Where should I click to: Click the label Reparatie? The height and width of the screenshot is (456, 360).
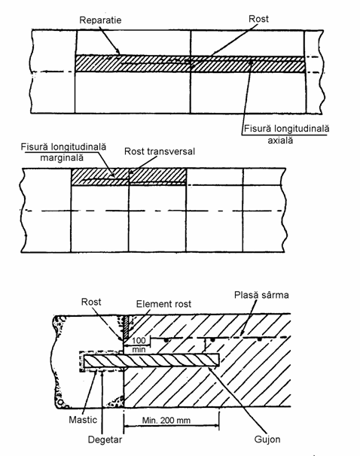pyautogui.click(x=100, y=20)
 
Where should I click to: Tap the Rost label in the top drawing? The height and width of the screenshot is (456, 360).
pyautogui.click(x=258, y=19)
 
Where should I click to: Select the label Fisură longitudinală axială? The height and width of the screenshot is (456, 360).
pyautogui.click(x=286, y=135)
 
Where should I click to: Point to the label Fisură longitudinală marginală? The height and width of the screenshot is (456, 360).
pyautogui.click(x=63, y=152)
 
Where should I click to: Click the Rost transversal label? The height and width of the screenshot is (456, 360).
pyautogui.click(x=160, y=151)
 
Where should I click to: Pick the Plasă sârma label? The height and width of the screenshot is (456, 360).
pyautogui.click(x=261, y=295)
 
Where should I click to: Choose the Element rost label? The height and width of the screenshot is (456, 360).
pyautogui.click(x=163, y=304)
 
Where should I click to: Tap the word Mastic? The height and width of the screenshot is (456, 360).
pyautogui.click(x=83, y=420)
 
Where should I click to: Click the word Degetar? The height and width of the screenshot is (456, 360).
pyautogui.click(x=105, y=439)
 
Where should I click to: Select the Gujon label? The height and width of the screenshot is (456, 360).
pyautogui.click(x=267, y=439)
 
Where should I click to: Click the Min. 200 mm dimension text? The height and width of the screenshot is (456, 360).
pyautogui.click(x=166, y=420)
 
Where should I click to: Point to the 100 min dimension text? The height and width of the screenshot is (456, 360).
pyautogui.click(x=139, y=345)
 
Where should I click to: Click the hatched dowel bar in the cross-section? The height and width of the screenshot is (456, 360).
pyautogui.click(x=151, y=360)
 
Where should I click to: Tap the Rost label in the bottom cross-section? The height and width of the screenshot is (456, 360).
pyautogui.click(x=91, y=302)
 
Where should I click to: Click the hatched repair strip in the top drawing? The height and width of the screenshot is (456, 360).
pyautogui.click(x=190, y=64)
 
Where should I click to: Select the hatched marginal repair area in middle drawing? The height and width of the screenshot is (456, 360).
pyautogui.click(x=129, y=176)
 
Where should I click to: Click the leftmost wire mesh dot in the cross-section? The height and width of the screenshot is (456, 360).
pyautogui.click(x=166, y=339)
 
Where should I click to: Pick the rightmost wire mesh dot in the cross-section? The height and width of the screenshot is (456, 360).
pyautogui.click(x=260, y=339)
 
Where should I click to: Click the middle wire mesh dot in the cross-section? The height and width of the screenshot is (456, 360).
pyautogui.click(x=212, y=339)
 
